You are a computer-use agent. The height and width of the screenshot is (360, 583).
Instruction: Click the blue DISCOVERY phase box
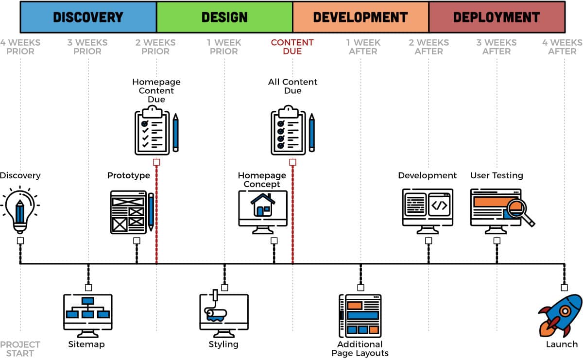88,17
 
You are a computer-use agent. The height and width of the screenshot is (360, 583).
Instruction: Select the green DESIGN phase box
224,17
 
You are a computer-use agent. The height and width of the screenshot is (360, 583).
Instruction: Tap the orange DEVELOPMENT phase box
360,17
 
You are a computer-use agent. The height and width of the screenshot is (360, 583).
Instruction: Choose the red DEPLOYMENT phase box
497,17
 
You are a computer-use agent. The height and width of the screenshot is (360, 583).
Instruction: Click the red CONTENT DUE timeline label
292,47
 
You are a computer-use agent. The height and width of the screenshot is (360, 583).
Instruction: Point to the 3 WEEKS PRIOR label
88,47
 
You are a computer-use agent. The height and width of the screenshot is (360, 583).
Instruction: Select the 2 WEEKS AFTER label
429,47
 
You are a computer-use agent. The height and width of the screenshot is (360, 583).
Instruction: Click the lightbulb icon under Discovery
20,210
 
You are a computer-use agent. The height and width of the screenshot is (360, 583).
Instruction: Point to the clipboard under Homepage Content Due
152,133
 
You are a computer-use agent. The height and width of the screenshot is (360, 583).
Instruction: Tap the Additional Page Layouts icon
360,316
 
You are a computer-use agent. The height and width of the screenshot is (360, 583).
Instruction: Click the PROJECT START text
20,349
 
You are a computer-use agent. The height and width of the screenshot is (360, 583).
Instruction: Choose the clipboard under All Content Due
288,133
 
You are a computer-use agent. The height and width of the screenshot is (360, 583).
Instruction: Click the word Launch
562,344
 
